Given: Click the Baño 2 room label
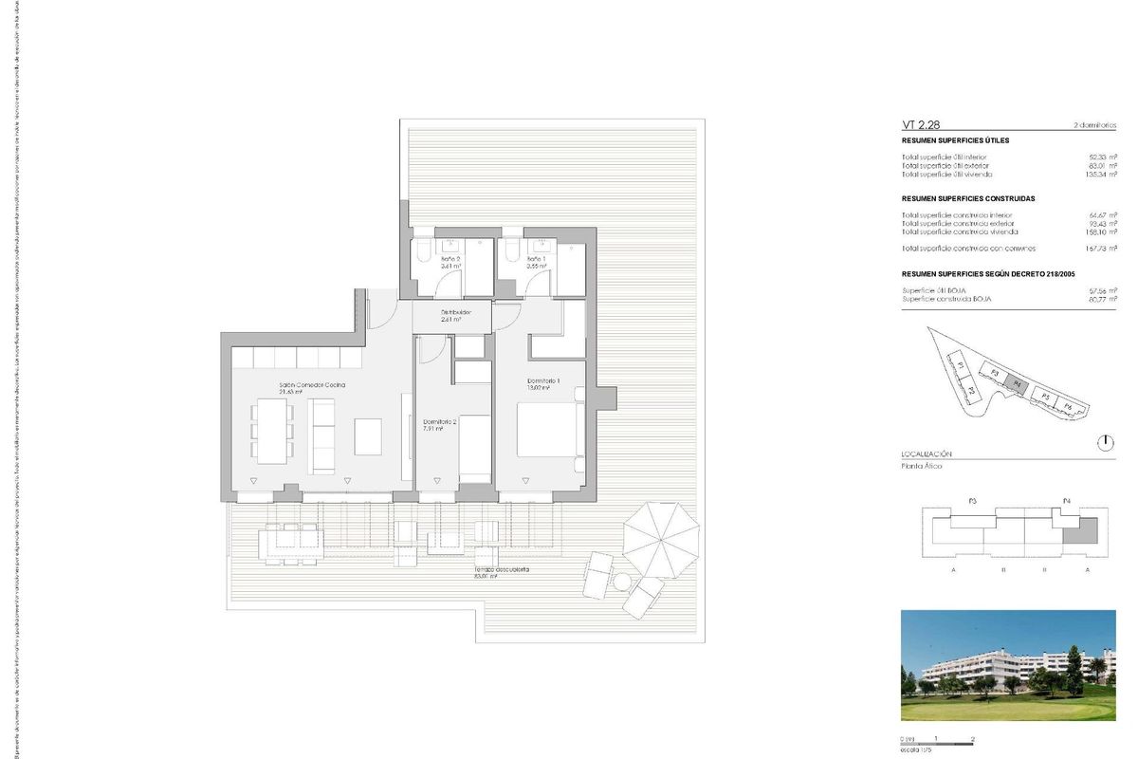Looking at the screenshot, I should pyautogui.click(x=450, y=258).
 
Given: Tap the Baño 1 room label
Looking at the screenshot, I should pyautogui.click(x=537, y=258).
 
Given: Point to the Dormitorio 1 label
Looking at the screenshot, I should pyautogui.click(x=543, y=382).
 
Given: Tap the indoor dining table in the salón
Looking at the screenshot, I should pyautogui.click(x=273, y=430).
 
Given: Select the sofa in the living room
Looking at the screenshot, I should pyautogui.click(x=323, y=435).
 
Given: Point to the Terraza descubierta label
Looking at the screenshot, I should pyautogui.click(x=502, y=570).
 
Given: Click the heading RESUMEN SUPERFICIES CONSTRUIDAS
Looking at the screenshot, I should pyautogui.click(x=967, y=199).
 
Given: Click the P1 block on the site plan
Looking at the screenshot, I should pyautogui.click(x=961, y=365).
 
